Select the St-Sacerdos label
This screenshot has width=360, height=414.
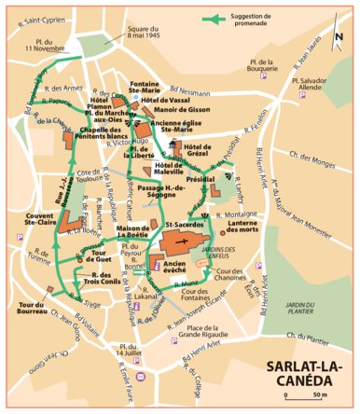pos(187,225)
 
